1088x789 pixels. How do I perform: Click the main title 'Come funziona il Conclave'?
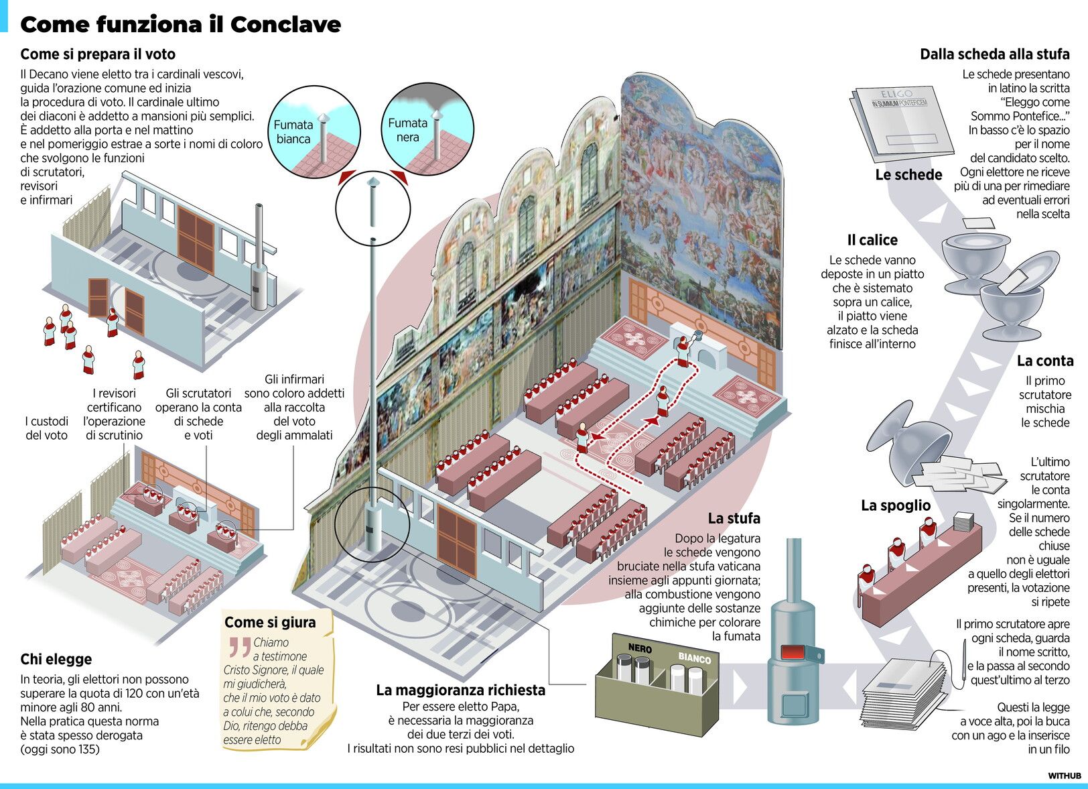180,25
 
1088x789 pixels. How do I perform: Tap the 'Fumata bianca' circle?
314,131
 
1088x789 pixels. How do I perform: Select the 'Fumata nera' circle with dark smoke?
428,130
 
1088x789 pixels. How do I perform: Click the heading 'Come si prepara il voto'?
98,54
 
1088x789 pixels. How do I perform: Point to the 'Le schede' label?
908,175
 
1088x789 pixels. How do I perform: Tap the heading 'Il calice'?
872,240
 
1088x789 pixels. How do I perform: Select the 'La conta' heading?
1044,361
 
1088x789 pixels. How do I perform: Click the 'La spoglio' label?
896,505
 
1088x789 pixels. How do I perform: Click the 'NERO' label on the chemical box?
640,648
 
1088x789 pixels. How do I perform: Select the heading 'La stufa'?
734,518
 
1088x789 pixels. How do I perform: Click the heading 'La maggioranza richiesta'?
461,690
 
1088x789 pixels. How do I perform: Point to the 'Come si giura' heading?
270,622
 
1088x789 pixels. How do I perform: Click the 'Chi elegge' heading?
56,659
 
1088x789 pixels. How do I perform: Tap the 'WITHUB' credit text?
1065,776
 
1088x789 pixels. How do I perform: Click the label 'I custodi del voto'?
47,428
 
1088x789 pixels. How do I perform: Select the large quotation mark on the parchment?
239,647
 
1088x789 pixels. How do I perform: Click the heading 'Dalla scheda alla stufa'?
994,54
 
